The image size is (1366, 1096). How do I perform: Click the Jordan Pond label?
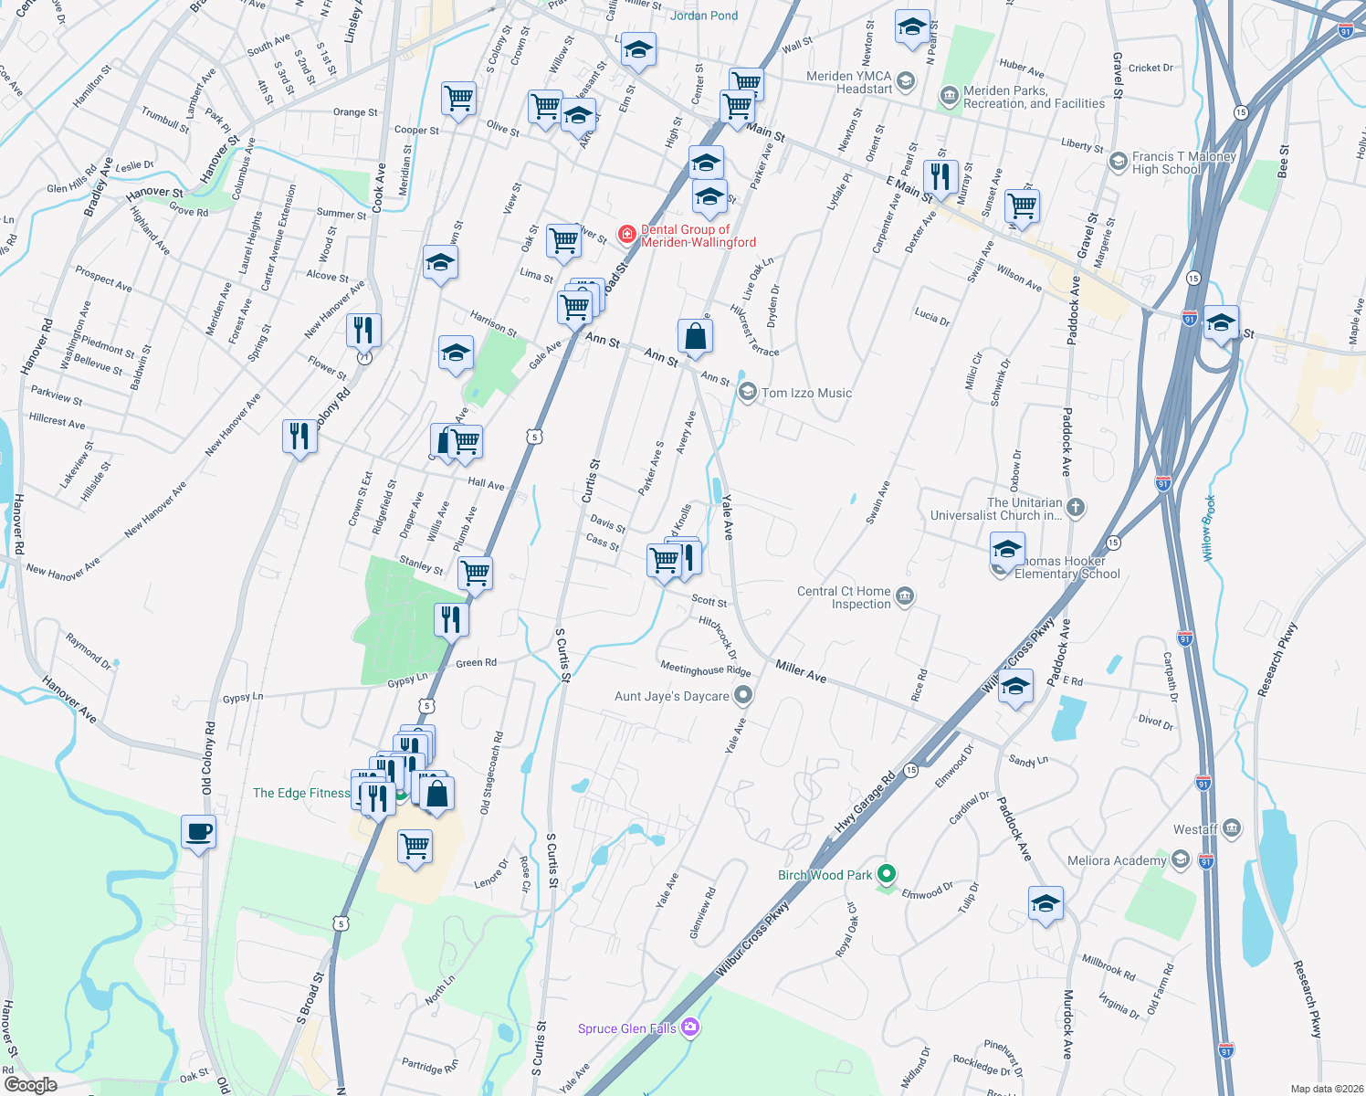pyautogui.click(x=704, y=16)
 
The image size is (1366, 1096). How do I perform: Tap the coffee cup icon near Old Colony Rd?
pyautogui.click(x=198, y=832)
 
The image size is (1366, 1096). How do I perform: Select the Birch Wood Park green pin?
pyautogui.click(x=886, y=874)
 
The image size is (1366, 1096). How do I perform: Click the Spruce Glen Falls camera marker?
pyautogui.click(x=690, y=1027)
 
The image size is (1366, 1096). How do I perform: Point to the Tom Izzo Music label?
pyautogui.click(x=806, y=393)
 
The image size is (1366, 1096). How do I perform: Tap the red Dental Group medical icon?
pyautogui.click(x=627, y=235)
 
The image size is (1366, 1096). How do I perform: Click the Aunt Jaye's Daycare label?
pyautogui.click(x=672, y=696)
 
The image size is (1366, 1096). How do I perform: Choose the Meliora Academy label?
pyautogui.click(x=1117, y=860)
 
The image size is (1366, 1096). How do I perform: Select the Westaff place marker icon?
pyautogui.click(x=1231, y=828)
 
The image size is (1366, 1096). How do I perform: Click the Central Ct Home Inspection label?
pyautogui.click(x=844, y=597)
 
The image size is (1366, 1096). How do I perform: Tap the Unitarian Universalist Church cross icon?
pyautogui.click(x=1076, y=508)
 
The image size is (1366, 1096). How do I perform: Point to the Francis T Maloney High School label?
pyautogui.click(x=1184, y=163)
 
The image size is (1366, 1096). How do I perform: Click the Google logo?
pyautogui.click(x=31, y=1084)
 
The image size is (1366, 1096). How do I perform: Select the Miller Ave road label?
pyautogui.click(x=801, y=672)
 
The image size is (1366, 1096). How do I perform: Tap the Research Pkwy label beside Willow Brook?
pyautogui.click(x=1277, y=660)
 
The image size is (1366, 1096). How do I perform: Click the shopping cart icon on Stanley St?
pyautogui.click(x=475, y=573)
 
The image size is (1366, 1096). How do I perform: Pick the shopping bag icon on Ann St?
pyautogui.click(x=695, y=335)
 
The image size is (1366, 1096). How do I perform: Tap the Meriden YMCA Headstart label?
pyautogui.click(x=849, y=82)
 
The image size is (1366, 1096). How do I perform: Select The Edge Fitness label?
pyautogui.click(x=301, y=793)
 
